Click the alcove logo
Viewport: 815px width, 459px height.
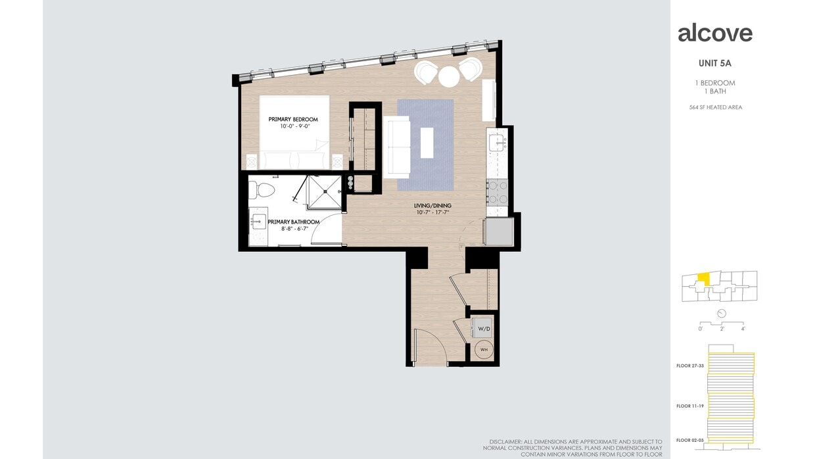click(x=714, y=33)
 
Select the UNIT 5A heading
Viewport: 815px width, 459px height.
click(x=716, y=64)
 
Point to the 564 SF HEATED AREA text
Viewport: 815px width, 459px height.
click(x=715, y=107)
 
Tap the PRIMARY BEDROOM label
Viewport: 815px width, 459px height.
click(x=293, y=119)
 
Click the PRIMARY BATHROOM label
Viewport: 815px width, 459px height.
click(x=294, y=222)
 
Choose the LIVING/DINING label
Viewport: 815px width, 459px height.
click(x=433, y=206)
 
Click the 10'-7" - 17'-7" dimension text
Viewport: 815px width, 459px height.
click(x=433, y=212)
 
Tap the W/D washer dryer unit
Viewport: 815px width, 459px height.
click(x=483, y=327)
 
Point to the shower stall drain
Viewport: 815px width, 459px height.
click(x=324, y=192)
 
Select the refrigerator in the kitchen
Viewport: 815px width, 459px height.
click(x=498, y=231)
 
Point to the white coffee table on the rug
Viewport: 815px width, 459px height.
click(x=427, y=143)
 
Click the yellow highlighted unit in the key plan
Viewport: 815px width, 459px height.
click(x=704, y=279)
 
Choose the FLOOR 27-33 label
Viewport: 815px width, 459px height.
click(x=691, y=366)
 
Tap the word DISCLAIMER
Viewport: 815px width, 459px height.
click(x=505, y=441)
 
